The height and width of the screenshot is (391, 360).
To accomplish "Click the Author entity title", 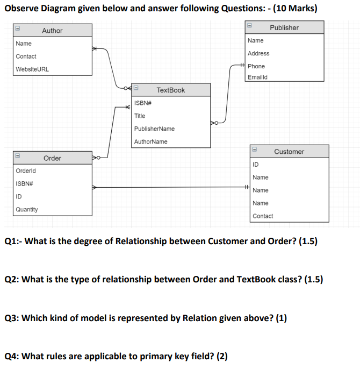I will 52,31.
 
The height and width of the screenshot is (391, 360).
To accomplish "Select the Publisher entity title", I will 284,27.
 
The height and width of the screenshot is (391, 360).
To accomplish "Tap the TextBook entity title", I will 170,90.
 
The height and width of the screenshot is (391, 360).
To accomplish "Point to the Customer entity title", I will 289,152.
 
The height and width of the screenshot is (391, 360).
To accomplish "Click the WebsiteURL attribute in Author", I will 32,69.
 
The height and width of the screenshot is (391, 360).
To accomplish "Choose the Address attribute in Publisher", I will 258,53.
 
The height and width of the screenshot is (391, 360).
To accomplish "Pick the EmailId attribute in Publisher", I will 257,77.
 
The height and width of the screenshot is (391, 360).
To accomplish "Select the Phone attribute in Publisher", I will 256,66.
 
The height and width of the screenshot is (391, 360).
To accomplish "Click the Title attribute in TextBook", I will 140,116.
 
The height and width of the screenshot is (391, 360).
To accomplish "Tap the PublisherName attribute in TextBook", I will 154,129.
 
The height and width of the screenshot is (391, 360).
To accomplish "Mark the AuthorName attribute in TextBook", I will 150,141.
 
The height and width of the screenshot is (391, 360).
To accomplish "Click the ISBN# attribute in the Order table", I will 24,183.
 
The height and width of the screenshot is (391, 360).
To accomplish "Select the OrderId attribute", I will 25,170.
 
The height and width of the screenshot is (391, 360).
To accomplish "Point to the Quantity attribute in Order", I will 27,209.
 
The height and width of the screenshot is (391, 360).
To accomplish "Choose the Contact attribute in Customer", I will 263,216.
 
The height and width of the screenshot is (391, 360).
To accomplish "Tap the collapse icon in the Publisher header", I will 250,26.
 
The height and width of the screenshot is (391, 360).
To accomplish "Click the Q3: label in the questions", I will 12,318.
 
